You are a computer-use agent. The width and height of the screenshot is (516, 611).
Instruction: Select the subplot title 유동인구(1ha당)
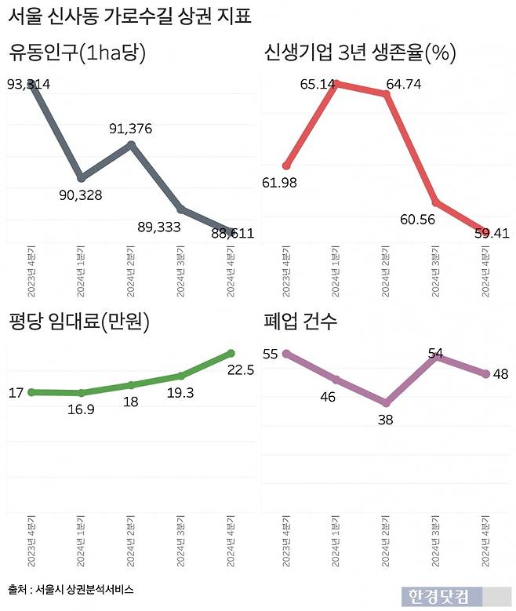pyautogui.click(x=78, y=53)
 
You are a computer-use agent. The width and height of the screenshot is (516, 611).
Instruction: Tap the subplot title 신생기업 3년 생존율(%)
pyautogui.click(x=360, y=53)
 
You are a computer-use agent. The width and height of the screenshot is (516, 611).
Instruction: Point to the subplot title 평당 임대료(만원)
pyautogui.click(x=79, y=322)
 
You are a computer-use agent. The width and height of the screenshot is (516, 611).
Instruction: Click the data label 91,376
pyautogui.click(x=130, y=129)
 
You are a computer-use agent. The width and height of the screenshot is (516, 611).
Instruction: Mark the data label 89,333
pyautogui.click(x=159, y=227)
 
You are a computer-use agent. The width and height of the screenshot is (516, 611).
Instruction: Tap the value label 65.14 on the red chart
pyautogui.click(x=318, y=83)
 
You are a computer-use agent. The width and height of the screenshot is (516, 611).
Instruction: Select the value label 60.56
pyautogui.click(x=416, y=219)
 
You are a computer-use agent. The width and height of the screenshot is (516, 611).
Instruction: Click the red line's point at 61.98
pyautogui.click(x=287, y=165)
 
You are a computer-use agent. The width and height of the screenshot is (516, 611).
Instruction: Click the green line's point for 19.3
pyautogui.click(x=181, y=376)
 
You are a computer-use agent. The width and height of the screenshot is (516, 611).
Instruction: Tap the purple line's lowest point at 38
pyautogui.click(x=385, y=402)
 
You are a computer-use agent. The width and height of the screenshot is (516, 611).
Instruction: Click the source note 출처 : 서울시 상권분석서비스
pyautogui.click(x=71, y=588)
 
